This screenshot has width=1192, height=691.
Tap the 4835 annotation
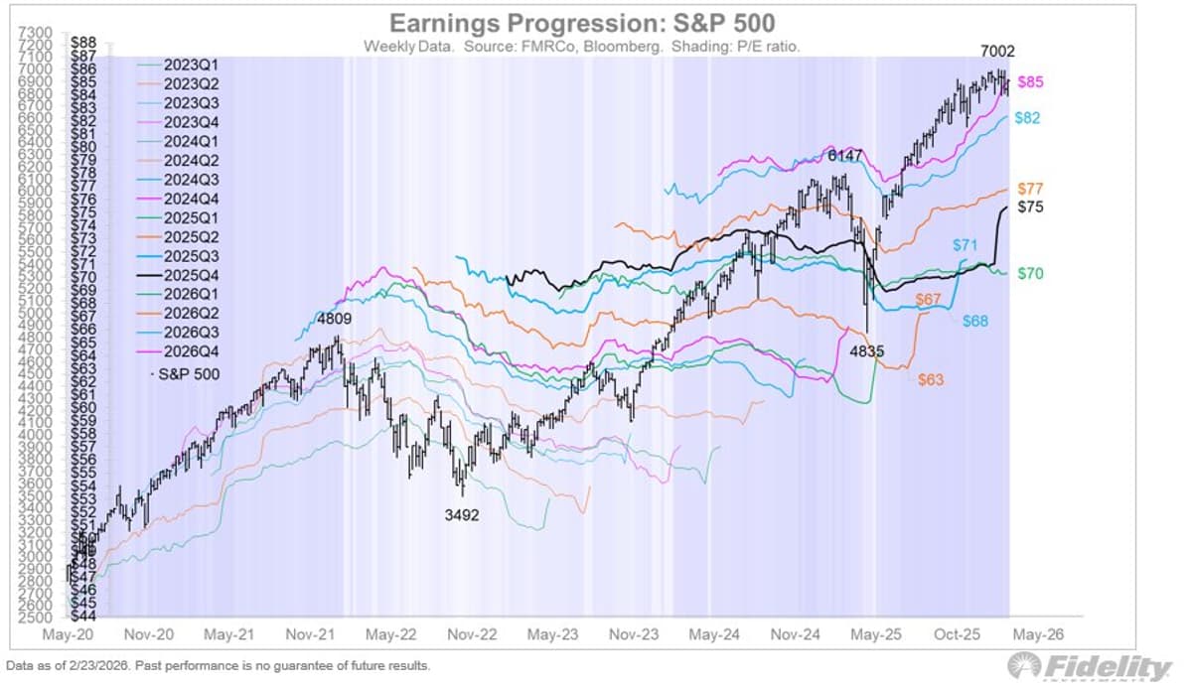pyautogui.click(x=866, y=350)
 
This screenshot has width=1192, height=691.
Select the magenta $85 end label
pyautogui.click(x=1030, y=82)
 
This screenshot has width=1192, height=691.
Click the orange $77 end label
pyautogui.click(x=1030, y=189)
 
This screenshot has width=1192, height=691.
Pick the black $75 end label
pyautogui.click(x=1030, y=207)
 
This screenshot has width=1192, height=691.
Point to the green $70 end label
pyautogui.click(x=1030, y=273)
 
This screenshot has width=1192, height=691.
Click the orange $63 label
pyautogui.click(x=931, y=380)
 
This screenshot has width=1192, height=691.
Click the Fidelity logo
pyautogui.click(x=1089, y=667)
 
